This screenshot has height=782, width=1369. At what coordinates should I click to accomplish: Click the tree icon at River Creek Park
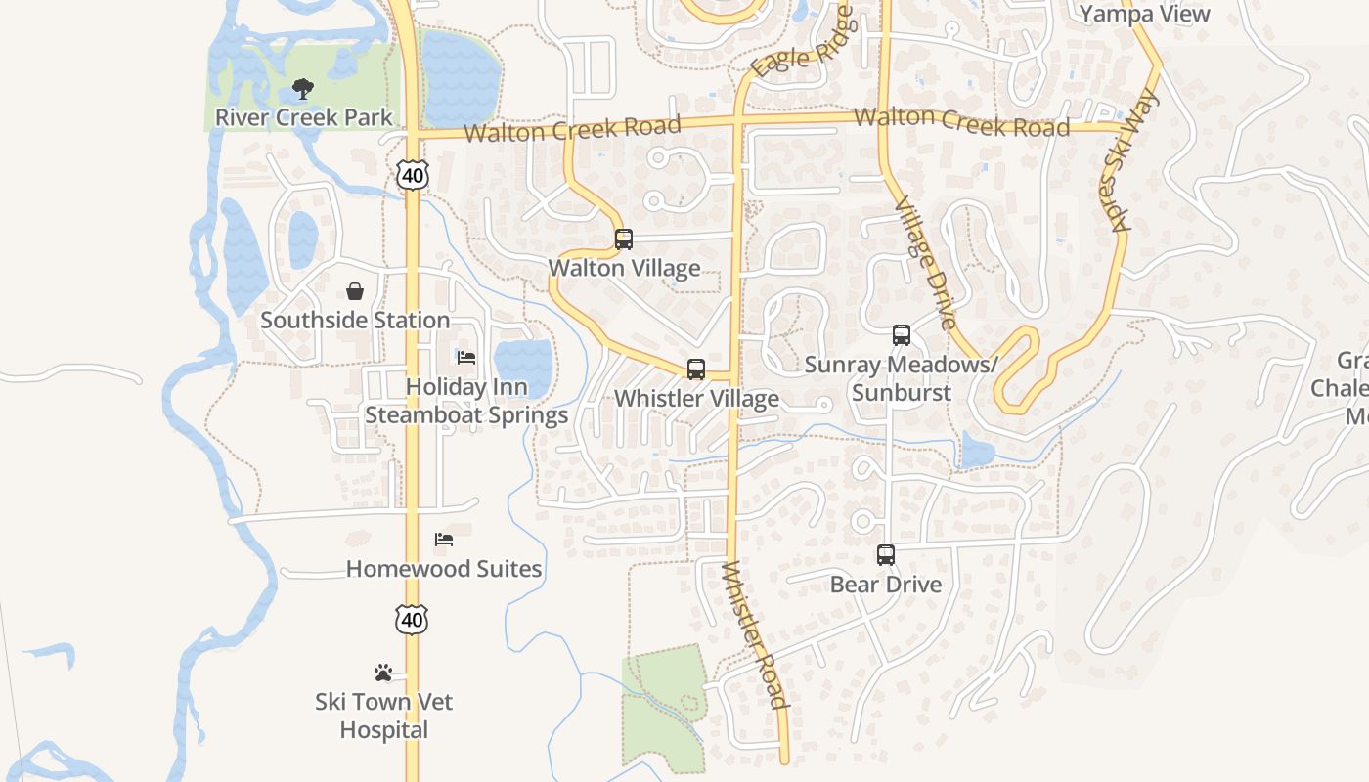pyautogui.click(x=303, y=89)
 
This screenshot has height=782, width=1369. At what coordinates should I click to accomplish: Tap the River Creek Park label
pyautogui.click(x=303, y=117)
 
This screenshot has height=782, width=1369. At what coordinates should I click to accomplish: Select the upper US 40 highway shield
pyautogui.click(x=413, y=175)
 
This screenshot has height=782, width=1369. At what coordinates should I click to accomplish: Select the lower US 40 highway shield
pyautogui.click(x=412, y=619)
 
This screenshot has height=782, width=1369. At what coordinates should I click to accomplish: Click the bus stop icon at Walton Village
pyautogui.click(x=623, y=239)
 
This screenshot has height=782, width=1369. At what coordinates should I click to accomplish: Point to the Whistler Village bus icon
pyautogui.click(x=695, y=369)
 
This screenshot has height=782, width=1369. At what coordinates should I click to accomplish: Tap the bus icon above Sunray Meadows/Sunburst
pyautogui.click(x=901, y=335)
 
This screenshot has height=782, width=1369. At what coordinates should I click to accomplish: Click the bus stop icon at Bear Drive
pyautogui.click(x=885, y=555)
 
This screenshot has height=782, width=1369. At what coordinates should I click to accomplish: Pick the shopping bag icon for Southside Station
pyautogui.click(x=354, y=291)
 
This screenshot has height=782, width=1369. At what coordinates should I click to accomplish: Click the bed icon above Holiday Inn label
pyautogui.click(x=466, y=358)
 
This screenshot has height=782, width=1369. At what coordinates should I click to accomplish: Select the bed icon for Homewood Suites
pyautogui.click(x=444, y=540)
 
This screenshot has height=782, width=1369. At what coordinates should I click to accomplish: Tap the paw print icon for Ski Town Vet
pyautogui.click(x=383, y=673)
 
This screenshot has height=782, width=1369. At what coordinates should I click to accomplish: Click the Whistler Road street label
pyautogui.click(x=754, y=634)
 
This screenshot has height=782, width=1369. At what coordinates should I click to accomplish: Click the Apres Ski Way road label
pyautogui.click(x=1134, y=160)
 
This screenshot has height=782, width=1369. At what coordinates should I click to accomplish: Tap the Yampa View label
pyautogui.click(x=1145, y=14)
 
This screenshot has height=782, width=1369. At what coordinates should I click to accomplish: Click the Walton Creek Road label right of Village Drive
pyautogui.click(x=961, y=122)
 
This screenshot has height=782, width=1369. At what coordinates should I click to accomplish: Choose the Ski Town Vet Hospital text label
pyautogui.click(x=384, y=716)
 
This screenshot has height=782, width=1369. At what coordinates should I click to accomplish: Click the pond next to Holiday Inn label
pyautogui.click(x=523, y=368)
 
